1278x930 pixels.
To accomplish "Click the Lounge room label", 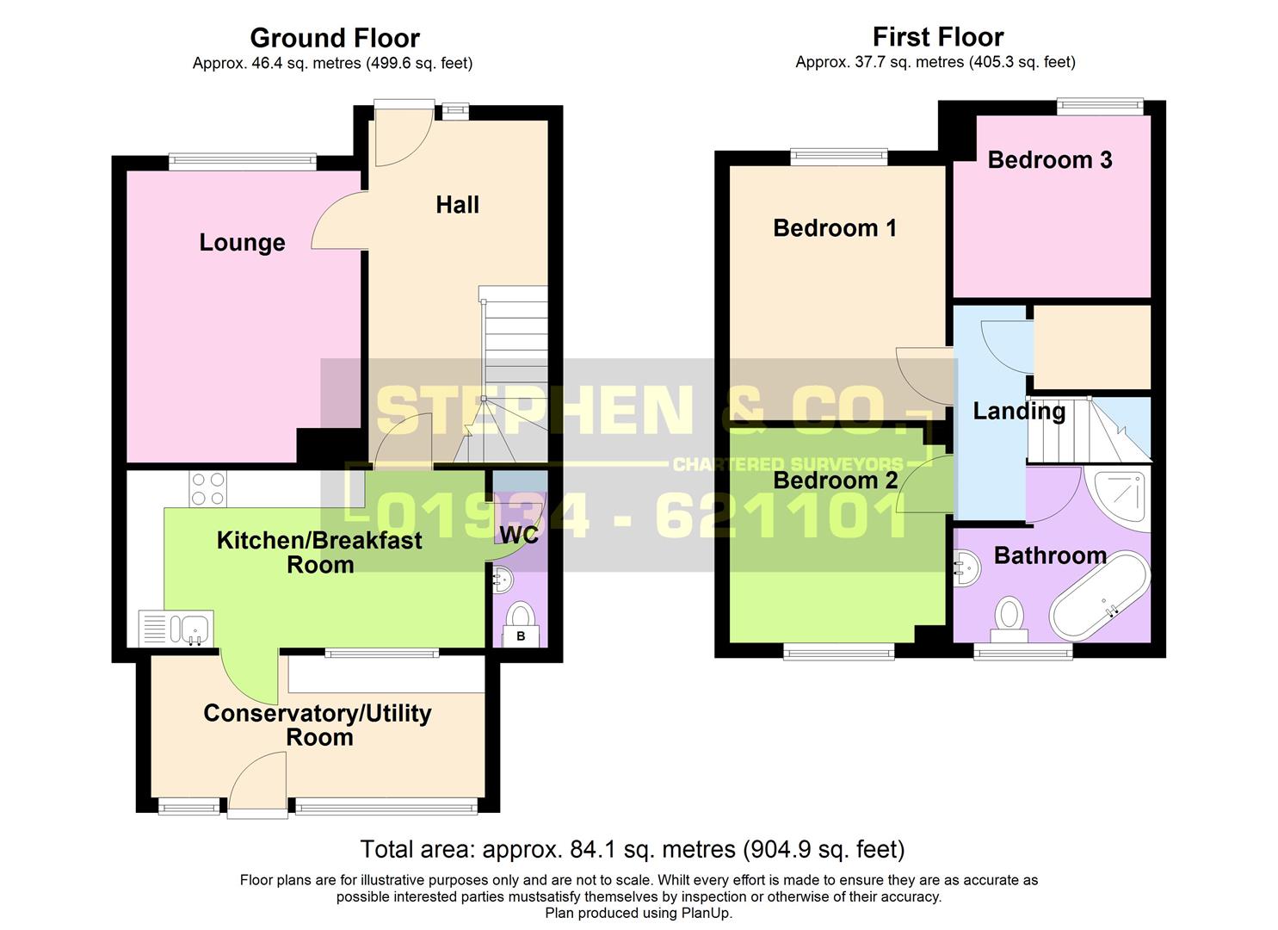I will tap(242, 243).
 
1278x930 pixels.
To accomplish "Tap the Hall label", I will tap(457, 205).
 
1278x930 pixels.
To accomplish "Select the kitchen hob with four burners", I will tap(207, 489).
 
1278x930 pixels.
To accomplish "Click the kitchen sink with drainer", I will tap(176, 628).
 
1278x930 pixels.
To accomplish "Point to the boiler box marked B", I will tap(520, 636).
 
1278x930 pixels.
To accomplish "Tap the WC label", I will tap(519, 535).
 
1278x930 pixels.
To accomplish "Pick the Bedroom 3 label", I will tap(1049, 160).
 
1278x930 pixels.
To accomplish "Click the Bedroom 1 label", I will tap(834, 228).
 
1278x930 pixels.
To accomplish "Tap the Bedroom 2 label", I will tap(834, 480).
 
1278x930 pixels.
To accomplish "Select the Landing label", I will tap(1018, 412).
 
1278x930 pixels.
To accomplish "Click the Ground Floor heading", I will tap(334, 38).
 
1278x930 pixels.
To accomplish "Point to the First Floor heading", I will tap(937, 37).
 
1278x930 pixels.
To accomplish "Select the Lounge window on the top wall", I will tap(243, 161).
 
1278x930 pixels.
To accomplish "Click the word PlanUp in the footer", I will tap(706, 913).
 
